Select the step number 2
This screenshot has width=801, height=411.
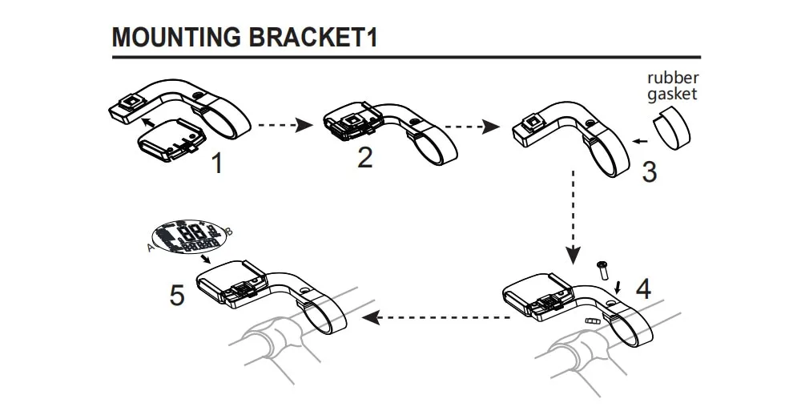point(364,157)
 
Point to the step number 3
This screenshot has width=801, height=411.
point(650,171)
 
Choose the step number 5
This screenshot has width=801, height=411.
point(177,295)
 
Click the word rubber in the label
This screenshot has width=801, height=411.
point(673,79)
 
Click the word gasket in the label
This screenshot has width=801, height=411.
point(673,94)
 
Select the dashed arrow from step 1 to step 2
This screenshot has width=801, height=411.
point(286,125)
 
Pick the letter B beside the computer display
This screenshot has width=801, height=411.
point(230,232)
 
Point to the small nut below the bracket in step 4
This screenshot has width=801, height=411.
point(593,320)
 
